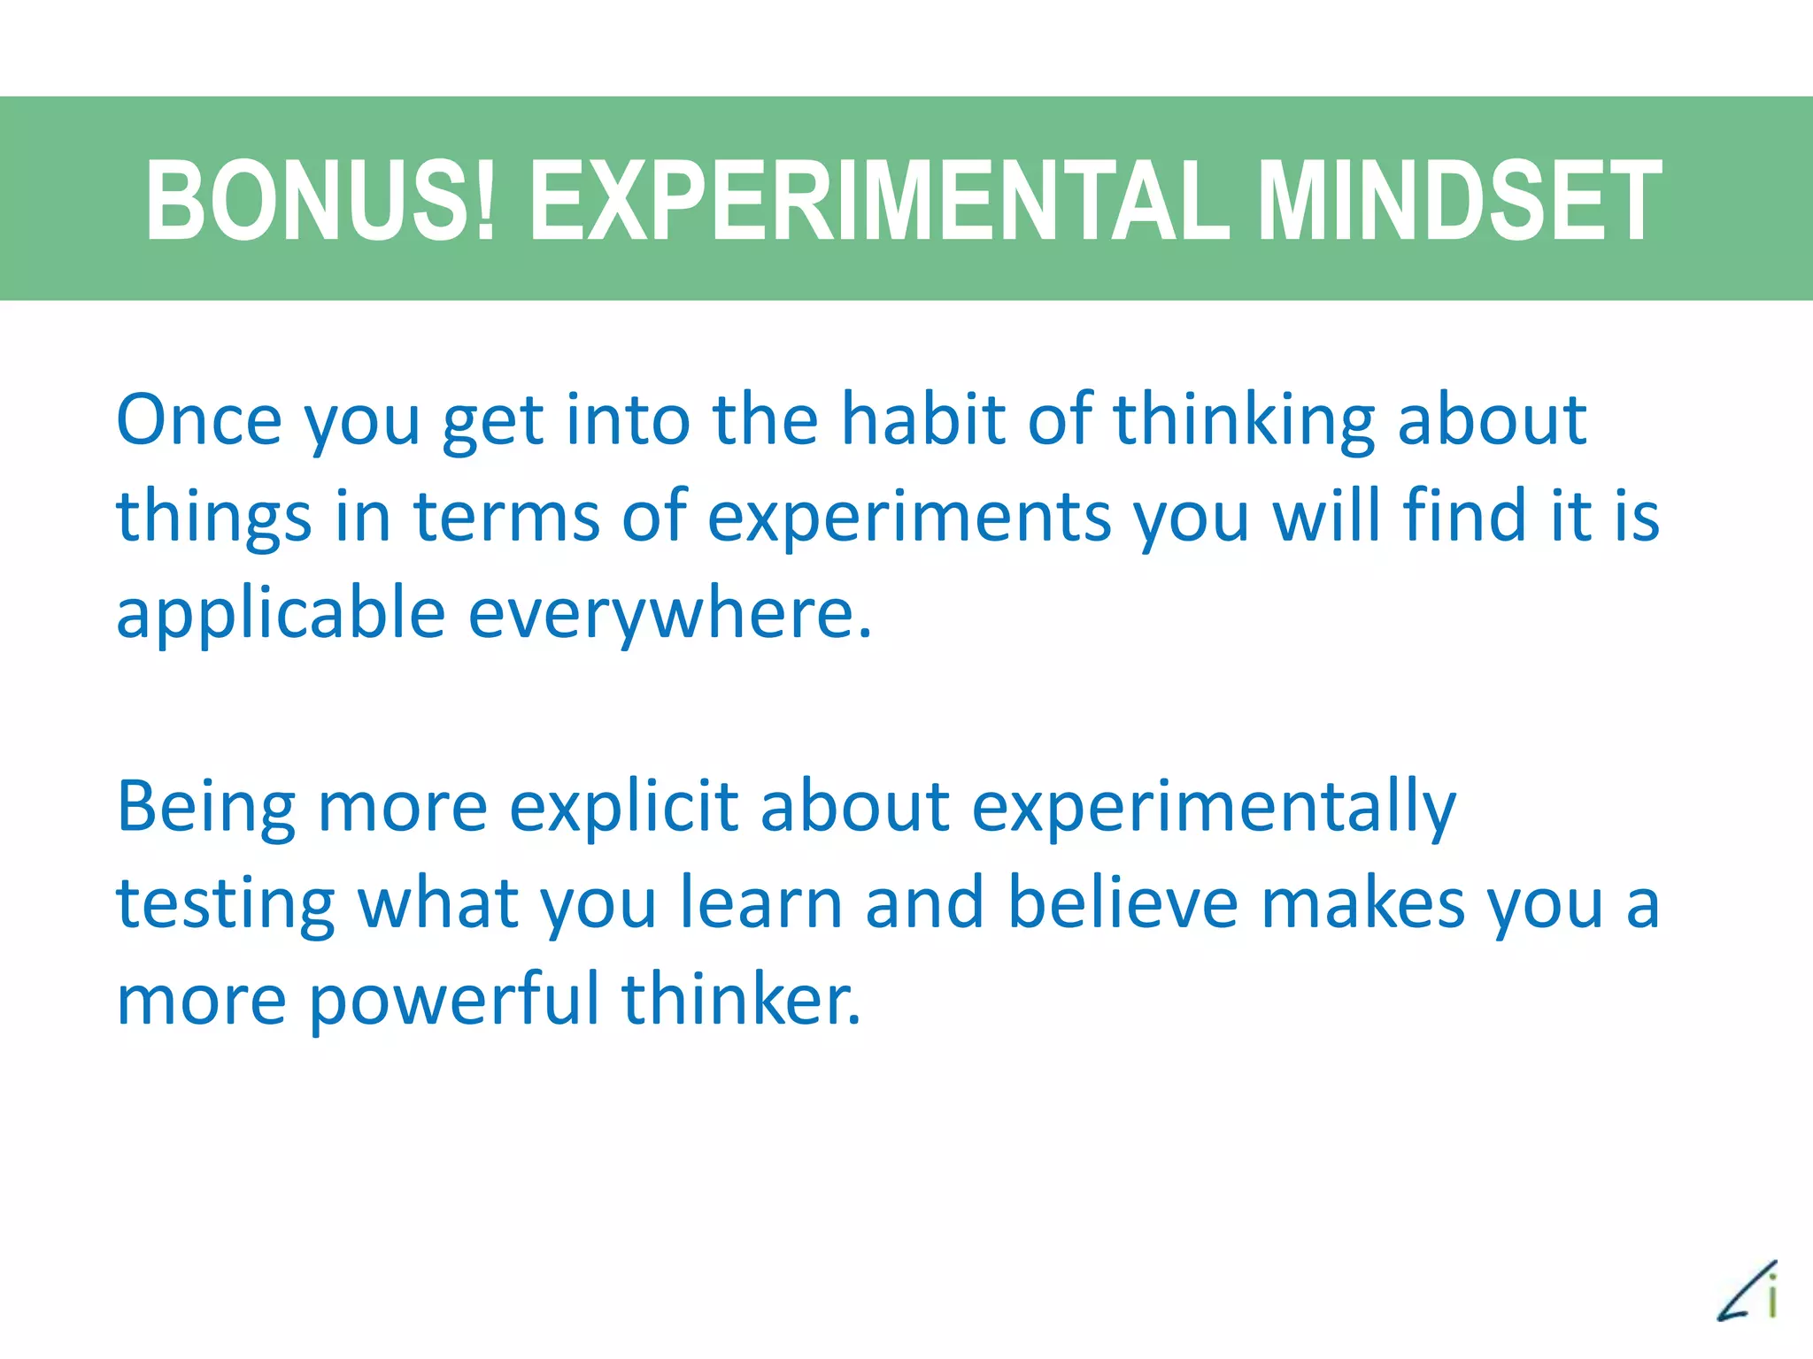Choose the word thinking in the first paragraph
[x=1244, y=421]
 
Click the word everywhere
[x=670, y=613]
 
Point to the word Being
[x=206, y=808]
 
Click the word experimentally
[x=1214, y=808]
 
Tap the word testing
[x=226, y=905]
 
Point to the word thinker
[x=740, y=1000]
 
